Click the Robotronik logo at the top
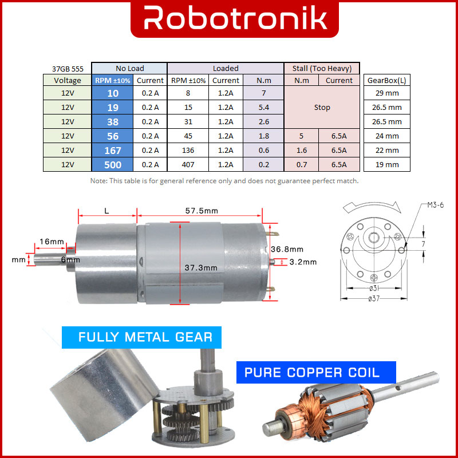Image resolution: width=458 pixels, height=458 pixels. (235, 18)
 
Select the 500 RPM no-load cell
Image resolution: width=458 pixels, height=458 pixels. (112, 165)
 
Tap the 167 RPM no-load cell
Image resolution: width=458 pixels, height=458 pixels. (112, 151)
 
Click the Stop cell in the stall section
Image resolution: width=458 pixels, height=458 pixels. (322, 107)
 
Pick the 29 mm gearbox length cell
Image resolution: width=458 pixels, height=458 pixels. (387, 93)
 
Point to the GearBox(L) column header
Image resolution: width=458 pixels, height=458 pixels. (387, 80)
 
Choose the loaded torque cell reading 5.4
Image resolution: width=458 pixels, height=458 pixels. (263, 107)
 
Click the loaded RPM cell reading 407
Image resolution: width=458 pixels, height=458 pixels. (188, 165)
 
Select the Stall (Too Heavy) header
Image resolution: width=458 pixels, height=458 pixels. (322, 68)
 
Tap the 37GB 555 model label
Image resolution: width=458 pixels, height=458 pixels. (68, 69)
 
